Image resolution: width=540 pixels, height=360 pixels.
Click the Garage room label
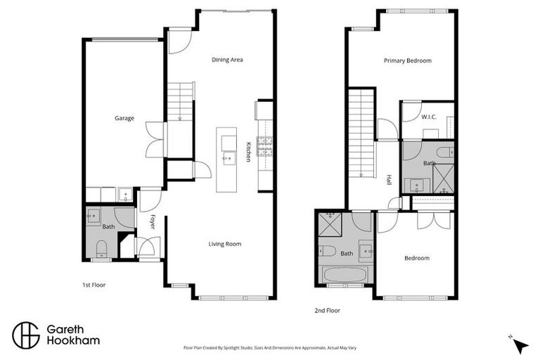pyautogui.click(x=124, y=118)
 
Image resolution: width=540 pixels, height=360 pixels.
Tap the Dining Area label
pyautogui.click(x=227, y=60)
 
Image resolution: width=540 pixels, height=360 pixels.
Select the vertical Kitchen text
pyautogui.click(x=248, y=152)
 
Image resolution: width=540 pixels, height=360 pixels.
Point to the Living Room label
pyautogui.click(x=224, y=244)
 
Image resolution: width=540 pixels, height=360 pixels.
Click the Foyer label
pyautogui.click(x=153, y=221)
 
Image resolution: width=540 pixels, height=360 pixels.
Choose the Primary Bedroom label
pyautogui.click(x=407, y=60)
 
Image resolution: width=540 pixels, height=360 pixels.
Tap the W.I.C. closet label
pyautogui.click(x=430, y=117)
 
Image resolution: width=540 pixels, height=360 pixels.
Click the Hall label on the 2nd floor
pyautogui.click(x=389, y=180)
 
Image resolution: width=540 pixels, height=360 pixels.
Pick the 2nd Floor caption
pyautogui.click(x=327, y=309)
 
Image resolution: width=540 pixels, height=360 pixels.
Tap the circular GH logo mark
pyautogui.click(x=26, y=335)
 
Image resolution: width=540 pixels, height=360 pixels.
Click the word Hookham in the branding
pyautogui.click(x=72, y=341)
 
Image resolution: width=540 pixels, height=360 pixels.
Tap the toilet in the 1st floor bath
pyautogui.click(x=101, y=246)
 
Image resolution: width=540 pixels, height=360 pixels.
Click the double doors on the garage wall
pyautogui.click(x=155, y=139)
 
